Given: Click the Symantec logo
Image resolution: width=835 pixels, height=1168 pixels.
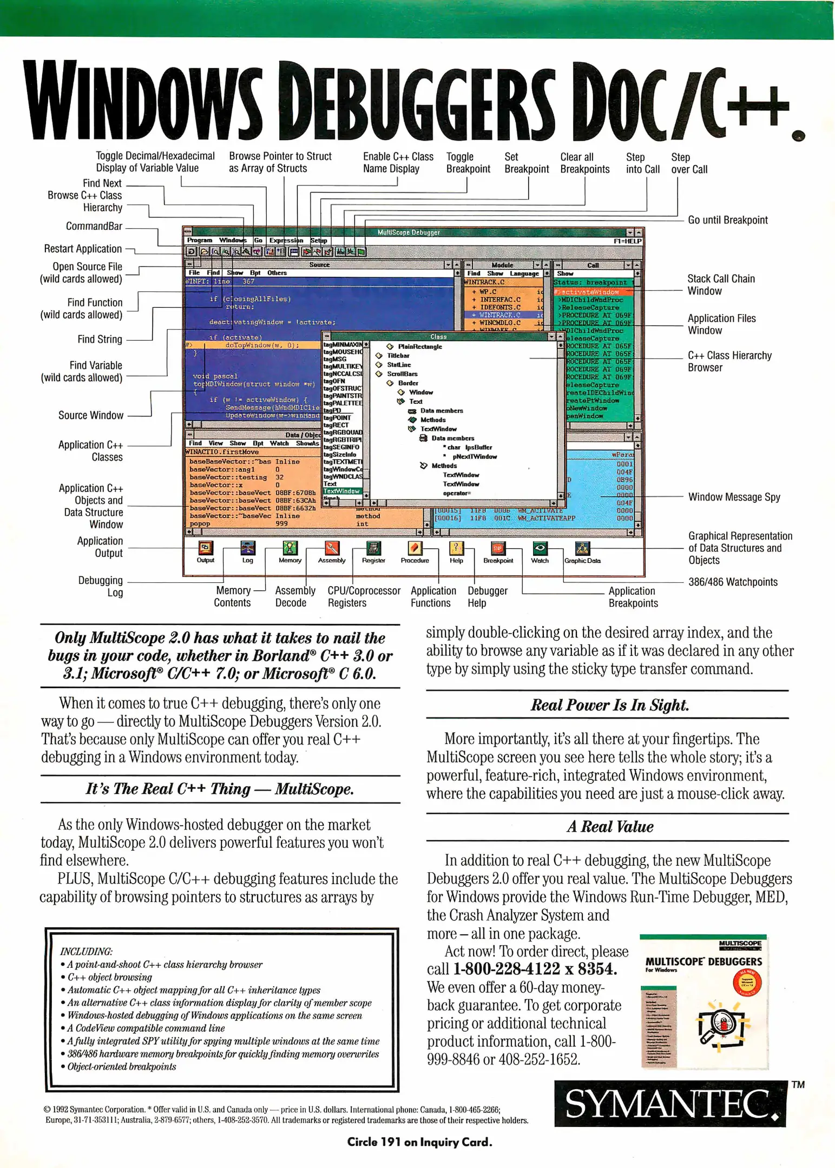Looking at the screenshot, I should [670, 1104].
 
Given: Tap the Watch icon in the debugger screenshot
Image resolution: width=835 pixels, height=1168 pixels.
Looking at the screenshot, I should [540, 548].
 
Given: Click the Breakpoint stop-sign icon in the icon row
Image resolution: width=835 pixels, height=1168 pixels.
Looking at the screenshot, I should [498, 548].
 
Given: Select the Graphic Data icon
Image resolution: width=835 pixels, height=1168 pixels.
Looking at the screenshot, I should [582, 548].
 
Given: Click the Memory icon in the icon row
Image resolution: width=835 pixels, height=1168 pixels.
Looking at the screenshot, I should [290, 548].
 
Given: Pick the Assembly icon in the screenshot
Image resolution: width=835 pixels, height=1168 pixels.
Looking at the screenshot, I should [332, 548].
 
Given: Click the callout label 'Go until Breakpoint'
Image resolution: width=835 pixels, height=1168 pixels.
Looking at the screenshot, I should [727, 220].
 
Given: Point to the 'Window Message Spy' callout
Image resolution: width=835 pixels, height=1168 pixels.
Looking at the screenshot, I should [734, 497].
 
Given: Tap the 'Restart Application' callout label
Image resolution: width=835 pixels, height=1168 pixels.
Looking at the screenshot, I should [83, 249].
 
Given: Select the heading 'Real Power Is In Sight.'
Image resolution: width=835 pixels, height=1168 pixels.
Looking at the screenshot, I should [609, 705].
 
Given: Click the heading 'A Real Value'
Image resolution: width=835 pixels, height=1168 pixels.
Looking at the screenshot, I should [609, 827].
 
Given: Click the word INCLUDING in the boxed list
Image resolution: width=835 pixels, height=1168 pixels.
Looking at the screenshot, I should [86, 951].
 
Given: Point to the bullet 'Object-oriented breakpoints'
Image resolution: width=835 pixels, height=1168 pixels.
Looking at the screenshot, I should [122, 1066].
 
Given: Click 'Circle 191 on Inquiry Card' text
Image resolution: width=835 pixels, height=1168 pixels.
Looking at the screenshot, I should [419, 1142].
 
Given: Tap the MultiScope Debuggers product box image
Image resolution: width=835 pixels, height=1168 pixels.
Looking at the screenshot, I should [703, 1001].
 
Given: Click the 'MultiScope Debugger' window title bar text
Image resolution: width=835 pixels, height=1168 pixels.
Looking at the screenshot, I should [409, 233].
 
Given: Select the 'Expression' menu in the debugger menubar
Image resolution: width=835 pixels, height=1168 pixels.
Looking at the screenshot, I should [286, 240].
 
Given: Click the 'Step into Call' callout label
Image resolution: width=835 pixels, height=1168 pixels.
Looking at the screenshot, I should [642, 163].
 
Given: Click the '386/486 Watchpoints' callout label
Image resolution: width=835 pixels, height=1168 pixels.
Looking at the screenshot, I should [732, 582].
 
